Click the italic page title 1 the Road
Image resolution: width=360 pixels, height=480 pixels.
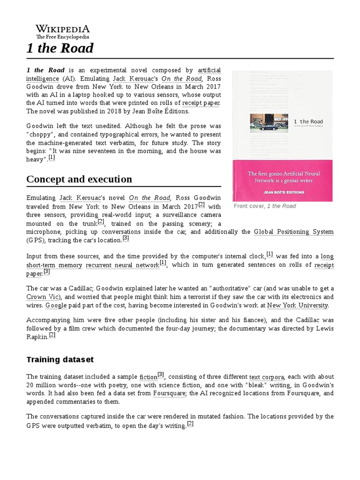click(60, 48)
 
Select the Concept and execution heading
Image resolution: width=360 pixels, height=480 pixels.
click(79, 179)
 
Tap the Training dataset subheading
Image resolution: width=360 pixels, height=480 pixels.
click(60, 360)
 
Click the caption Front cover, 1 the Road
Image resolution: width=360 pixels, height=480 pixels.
click(265, 206)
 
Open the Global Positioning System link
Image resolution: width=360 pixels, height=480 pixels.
click(293, 232)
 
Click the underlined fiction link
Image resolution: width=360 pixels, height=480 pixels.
click(148, 376)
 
